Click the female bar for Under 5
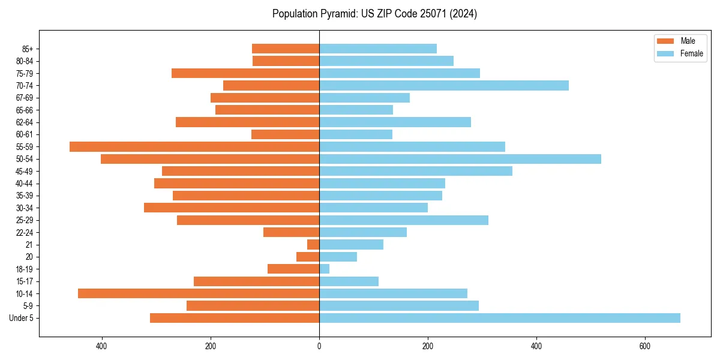[500, 318]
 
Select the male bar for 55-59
[194, 146]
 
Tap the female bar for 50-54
[460, 159]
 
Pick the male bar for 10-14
[199, 293]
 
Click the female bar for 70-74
[444, 85]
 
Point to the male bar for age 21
[313, 244]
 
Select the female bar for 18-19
[324, 269]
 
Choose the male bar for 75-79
[245, 73]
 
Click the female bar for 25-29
[404, 220]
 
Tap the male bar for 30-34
[232, 208]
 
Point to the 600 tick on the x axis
[645, 346]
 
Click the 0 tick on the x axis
[319, 346]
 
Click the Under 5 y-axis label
[21, 318]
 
